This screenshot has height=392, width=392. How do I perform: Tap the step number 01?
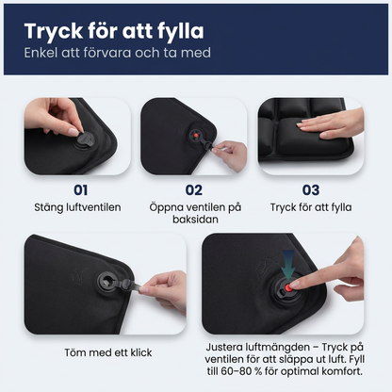pos(73,189)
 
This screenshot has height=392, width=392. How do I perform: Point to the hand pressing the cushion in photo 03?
pos(335,122)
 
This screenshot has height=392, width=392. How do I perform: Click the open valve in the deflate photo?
pos(102,280)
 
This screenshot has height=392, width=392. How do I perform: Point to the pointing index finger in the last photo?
pos(316,282)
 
